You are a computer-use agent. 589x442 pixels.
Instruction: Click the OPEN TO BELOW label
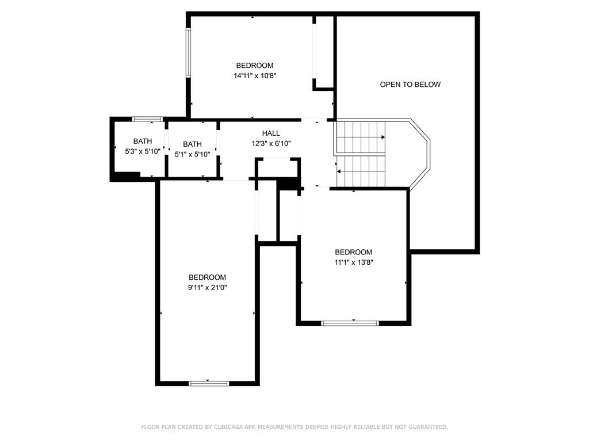[x=410, y=85]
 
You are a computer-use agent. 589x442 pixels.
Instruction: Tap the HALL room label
[x=271, y=133]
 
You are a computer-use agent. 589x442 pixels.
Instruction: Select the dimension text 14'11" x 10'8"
[x=255, y=75]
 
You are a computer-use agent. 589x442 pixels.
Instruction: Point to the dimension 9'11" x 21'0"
[x=207, y=288]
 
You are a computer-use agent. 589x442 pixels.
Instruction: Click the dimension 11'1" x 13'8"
[x=354, y=262]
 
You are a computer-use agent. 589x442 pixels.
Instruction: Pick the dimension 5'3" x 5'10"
[x=143, y=151]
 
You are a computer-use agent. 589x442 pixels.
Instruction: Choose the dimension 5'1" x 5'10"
[x=192, y=154]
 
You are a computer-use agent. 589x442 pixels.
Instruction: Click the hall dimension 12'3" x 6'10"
[x=271, y=143]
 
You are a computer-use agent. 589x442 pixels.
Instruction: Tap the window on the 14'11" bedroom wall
[x=188, y=52]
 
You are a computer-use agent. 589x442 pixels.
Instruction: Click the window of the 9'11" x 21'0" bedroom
[x=208, y=383]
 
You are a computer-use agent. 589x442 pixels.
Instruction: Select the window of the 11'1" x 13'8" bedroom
[x=350, y=323]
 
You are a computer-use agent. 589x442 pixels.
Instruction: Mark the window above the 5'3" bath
[x=147, y=119]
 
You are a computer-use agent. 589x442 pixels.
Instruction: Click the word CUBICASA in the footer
[x=228, y=427]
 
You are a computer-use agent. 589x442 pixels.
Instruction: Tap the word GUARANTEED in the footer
[x=428, y=427]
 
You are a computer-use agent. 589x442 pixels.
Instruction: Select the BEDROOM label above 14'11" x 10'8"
[x=255, y=66]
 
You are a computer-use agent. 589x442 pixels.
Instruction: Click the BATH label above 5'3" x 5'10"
[x=143, y=142]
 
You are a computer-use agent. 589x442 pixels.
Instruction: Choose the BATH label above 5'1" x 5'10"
[x=192, y=144]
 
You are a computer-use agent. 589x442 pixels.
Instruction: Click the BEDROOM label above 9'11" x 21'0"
[x=207, y=277]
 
